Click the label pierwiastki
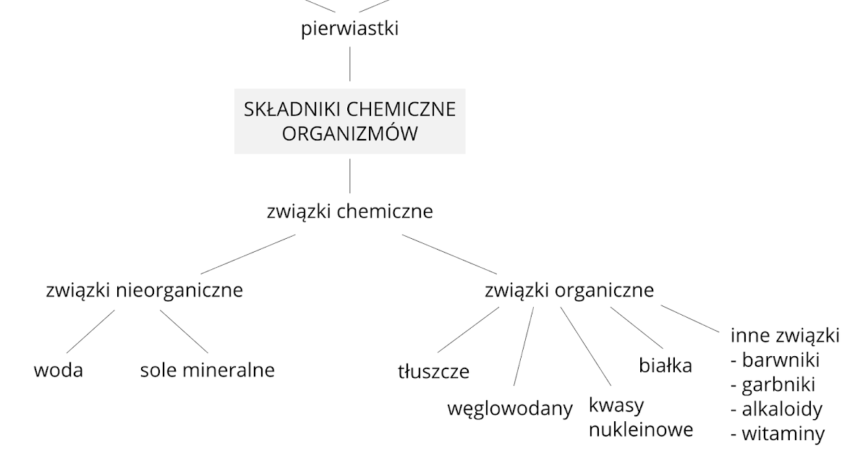point(350,30)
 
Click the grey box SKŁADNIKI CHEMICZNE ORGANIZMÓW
point(349,121)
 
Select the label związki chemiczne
point(349,212)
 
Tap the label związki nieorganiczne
point(144,291)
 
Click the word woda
point(59,371)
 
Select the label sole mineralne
point(208,371)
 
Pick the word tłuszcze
point(433,372)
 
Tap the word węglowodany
point(510,408)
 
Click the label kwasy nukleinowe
point(640,417)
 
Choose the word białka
point(665,366)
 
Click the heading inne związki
point(785,336)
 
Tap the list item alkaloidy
point(777,409)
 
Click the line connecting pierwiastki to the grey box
point(350,64)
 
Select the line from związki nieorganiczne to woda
point(90,332)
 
